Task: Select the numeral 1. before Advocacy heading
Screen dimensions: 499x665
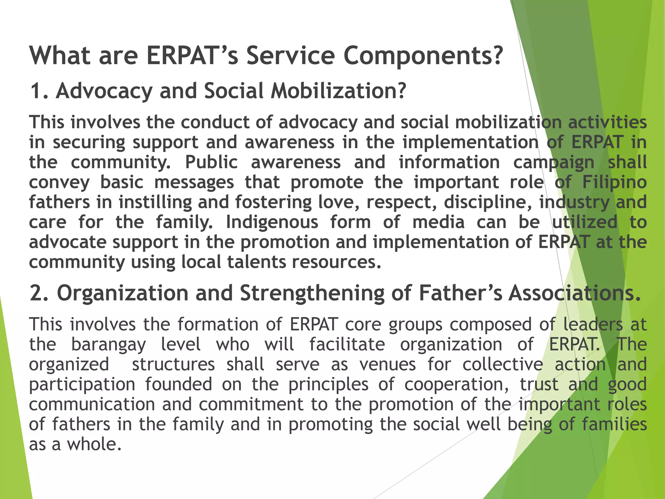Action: point(39,91)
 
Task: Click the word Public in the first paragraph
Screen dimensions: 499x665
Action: point(211,162)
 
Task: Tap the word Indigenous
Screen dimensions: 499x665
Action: point(272,222)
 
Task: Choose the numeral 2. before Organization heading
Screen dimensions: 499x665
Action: point(39,293)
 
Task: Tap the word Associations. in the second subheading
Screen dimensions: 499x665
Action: point(574,293)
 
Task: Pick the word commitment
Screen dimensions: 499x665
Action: point(251,404)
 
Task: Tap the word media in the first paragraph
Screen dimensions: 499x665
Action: point(438,222)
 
